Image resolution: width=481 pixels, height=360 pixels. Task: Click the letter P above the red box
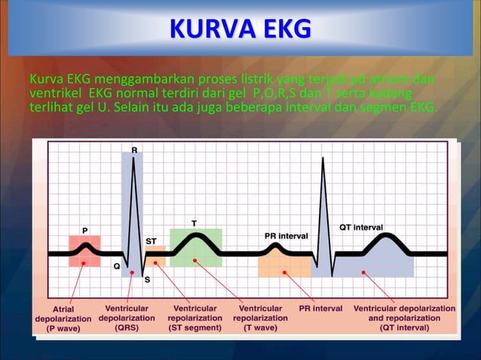click(x=84, y=229)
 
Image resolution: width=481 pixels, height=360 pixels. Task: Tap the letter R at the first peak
click(x=134, y=151)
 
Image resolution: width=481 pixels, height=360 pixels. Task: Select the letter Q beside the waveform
click(x=117, y=266)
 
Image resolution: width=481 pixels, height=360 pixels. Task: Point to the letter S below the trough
click(x=146, y=279)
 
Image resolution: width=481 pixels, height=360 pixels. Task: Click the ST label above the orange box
click(x=152, y=240)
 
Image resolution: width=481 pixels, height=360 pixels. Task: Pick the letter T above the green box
click(x=195, y=223)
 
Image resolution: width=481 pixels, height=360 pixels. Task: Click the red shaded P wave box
click(x=84, y=252)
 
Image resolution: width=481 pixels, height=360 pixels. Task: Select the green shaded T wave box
click(x=195, y=247)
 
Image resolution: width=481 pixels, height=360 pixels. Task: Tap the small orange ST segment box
click(x=155, y=256)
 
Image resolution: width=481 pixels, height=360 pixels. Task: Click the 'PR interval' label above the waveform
click(x=286, y=236)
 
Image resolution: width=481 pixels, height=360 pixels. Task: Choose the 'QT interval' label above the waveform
click(x=361, y=227)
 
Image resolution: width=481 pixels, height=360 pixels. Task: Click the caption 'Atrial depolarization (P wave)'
click(x=63, y=319)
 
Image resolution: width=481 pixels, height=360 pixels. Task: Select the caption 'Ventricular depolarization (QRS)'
click(x=127, y=318)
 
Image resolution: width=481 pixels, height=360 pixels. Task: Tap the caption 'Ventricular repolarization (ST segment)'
click(x=195, y=318)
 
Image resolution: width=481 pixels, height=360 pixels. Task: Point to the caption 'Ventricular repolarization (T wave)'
click(x=260, y=318)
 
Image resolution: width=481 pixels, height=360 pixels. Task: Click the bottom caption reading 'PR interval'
click(x=320, y=309)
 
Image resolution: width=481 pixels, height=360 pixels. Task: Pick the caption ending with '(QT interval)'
click(x=404, y=318)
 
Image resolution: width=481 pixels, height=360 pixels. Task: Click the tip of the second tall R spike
click(x=323, y=148)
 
